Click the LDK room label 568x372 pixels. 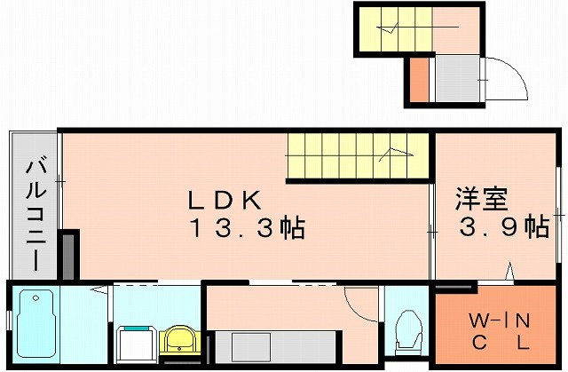[225, 200]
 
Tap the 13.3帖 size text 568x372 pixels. [248, 228]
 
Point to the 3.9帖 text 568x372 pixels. [505, 226]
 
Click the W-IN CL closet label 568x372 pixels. [500, 330]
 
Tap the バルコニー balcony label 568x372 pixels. [35, 215]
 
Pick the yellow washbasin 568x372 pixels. [179, 339]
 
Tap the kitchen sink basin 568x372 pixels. [251, 347]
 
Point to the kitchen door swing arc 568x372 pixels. [358, 307]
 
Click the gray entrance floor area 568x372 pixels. [457, 79]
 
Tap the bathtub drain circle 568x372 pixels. [35, 298]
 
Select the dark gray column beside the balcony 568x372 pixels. [68, 257]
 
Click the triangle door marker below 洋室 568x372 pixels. [509, 272]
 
